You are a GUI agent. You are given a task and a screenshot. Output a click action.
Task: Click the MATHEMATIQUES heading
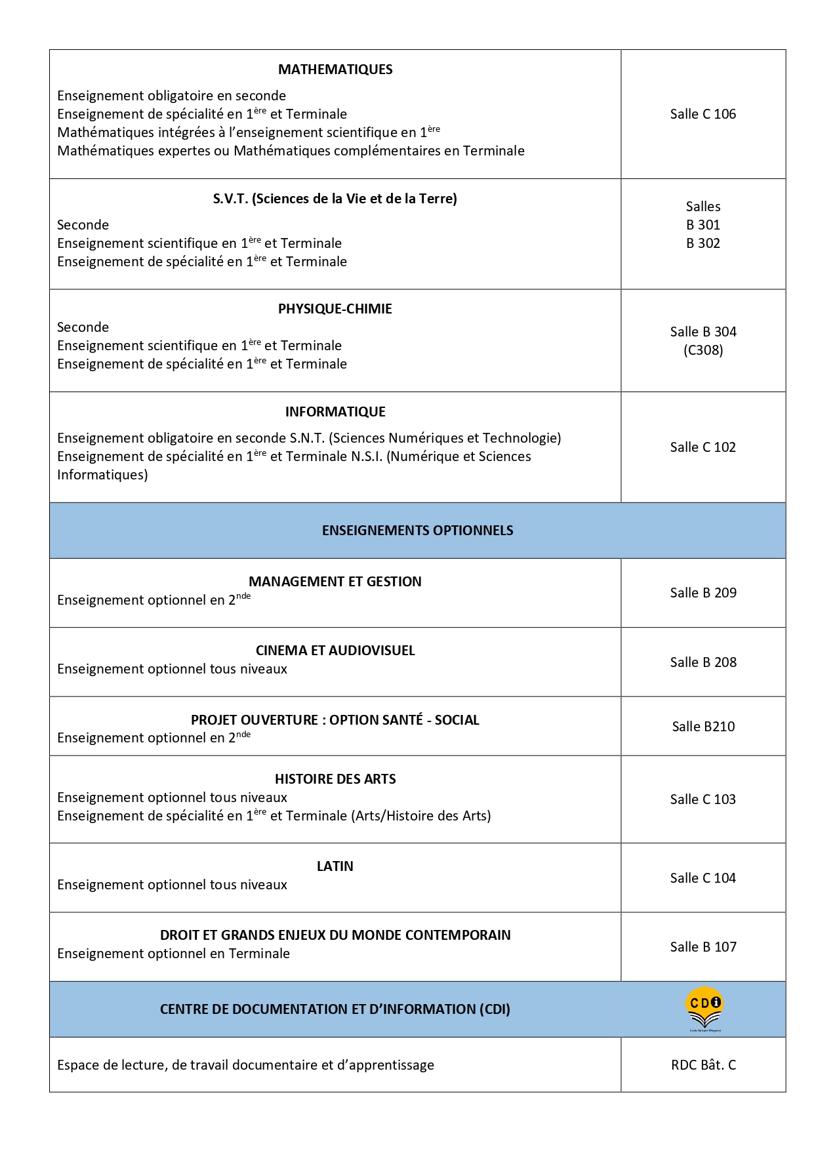tap(335, 70)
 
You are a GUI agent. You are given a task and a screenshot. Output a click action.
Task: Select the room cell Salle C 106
tap(702, 114)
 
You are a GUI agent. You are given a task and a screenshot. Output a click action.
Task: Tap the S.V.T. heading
tap(335, 199)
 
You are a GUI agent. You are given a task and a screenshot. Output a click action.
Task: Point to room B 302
tap(703, 243)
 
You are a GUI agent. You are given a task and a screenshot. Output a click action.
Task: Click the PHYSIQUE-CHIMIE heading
tap(335, 309)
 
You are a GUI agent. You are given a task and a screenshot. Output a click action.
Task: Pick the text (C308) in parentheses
tap(703, 350)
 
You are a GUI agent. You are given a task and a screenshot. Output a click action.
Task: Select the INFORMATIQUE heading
tap(335, 412)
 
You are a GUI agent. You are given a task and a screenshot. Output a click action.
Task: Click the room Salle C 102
tap(702, 447)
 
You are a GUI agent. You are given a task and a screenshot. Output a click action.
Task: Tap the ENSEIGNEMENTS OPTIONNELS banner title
tap(417, 531)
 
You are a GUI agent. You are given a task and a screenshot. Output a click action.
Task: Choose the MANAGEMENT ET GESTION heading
tap(335, 582)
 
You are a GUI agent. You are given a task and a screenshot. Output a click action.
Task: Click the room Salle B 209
tap(703, 593)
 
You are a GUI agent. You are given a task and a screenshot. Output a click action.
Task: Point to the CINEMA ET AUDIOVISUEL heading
tap(335, 651)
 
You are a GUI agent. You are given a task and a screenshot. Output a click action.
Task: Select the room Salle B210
tap(703, 727)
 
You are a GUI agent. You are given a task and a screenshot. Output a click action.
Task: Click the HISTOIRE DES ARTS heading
tap(335, 779)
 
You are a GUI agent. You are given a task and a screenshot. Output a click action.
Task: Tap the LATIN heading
tap(335, 866)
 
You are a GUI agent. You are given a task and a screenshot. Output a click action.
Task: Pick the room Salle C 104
tap(702, 878)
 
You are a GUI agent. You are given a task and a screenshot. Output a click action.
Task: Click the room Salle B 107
tap(703, 947)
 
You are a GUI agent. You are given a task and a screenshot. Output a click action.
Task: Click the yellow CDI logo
tap(704, 1008)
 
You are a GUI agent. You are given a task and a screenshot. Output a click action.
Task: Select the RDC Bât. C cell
tap(703, 1065)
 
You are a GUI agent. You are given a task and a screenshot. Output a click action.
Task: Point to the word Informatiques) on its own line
tap(102, 475)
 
